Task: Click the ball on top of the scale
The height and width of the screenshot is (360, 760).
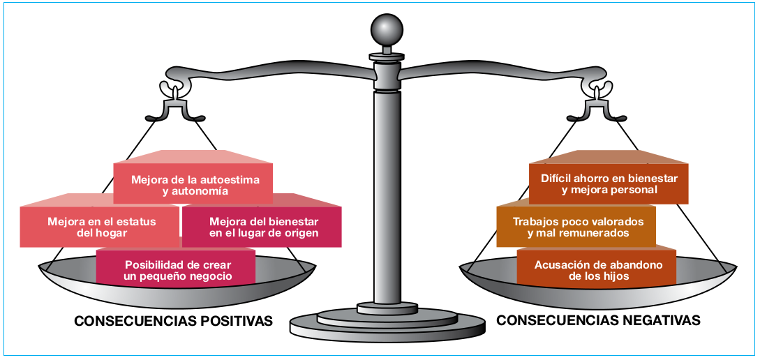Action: [x=387, y=31]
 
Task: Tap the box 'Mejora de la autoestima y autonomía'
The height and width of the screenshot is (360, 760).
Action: [x=193, y=184]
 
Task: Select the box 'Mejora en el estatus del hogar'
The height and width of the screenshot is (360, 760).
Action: [x=101, y=227]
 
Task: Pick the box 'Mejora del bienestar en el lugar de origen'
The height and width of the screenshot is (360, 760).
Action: [x=263, y=227]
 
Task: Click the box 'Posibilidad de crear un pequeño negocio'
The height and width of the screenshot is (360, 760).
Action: [x=177, y=270]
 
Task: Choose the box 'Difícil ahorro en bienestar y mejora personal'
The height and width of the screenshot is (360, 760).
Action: [x=609, y=183]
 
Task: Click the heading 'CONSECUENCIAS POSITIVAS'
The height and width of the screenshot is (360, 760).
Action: [x=173, y=321]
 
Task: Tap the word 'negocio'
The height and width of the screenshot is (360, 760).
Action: [x=208, y=276]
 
